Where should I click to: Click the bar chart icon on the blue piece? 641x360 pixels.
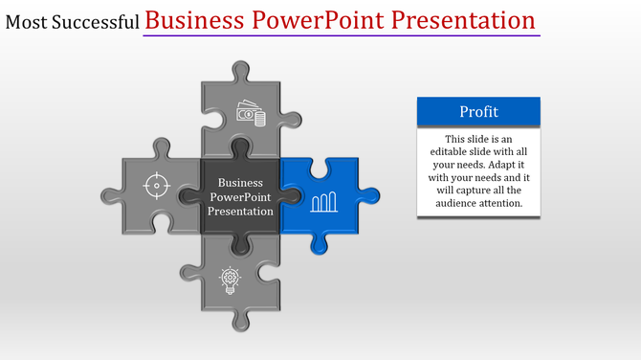click(x=323, y=201)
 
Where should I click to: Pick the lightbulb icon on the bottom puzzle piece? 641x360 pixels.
click(x=230, y=279)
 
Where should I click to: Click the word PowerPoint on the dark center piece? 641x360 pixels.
click(x=240, y=196)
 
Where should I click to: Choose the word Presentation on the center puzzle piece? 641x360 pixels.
click(x=240, y=211)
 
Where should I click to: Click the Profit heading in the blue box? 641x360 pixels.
click(x=478, y=112)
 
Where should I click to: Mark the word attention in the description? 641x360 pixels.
click(x=502, y=203)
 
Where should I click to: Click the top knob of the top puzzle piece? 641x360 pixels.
click(x=240, y=70)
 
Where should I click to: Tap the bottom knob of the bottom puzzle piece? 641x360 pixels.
click(x=240, y=321)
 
